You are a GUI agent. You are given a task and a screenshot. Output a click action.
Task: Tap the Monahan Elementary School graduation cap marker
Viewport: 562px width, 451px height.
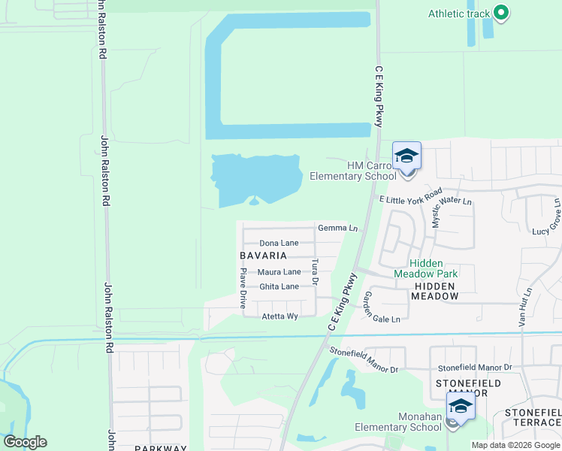[x=460, y=408]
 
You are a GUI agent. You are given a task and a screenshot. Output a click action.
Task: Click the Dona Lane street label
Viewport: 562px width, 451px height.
[x=279, y=244]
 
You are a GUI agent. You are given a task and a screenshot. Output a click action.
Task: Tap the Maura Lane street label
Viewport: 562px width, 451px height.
[x=279, y=272]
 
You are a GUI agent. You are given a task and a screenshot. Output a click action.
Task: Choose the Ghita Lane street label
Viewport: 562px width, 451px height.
[x=279, y=287]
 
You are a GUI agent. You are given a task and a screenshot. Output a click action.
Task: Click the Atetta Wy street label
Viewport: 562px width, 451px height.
[x=279, y=316]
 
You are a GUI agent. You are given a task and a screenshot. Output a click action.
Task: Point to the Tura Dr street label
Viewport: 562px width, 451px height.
[x=316, y=272]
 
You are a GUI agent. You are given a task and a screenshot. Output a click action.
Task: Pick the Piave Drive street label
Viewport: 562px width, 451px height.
[x=243, y=290]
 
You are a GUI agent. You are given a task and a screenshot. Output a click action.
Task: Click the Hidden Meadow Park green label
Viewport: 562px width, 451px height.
[x=433, y=268]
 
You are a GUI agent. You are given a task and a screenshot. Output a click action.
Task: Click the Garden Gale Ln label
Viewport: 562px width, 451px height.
[x=382, y=308]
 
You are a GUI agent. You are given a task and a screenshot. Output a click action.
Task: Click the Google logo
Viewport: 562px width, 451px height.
[x=25, y=442]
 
